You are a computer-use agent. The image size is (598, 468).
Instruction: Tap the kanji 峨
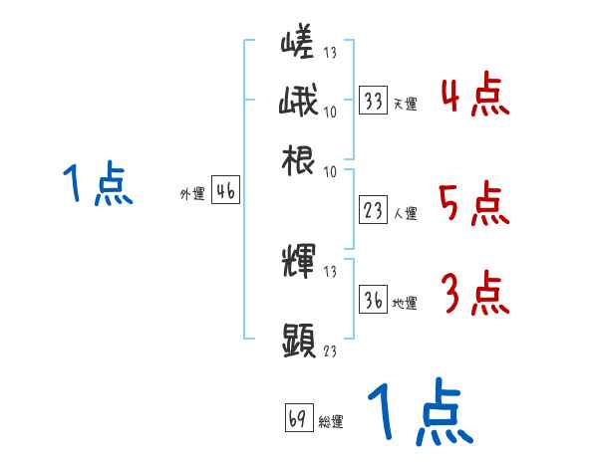(298, 102)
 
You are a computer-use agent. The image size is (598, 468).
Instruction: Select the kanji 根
(298, 158)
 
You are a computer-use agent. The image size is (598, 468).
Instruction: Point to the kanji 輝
(298, 263)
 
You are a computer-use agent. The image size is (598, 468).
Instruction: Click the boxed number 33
(374, 102)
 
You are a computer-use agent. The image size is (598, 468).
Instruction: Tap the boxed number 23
(374, 211)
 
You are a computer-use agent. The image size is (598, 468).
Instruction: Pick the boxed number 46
(225, 193)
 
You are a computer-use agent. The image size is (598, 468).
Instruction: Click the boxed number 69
(298, 419)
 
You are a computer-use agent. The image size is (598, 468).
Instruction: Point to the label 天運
(405, 104)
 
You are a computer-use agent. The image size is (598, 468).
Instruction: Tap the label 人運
(405, 213)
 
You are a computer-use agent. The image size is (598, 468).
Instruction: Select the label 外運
(192, 195)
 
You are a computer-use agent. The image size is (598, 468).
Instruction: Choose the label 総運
(331, 421)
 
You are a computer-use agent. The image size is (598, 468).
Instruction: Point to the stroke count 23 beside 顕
(329, 351)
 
